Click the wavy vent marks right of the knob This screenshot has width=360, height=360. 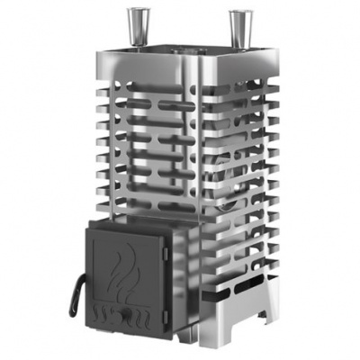point(154,317)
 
